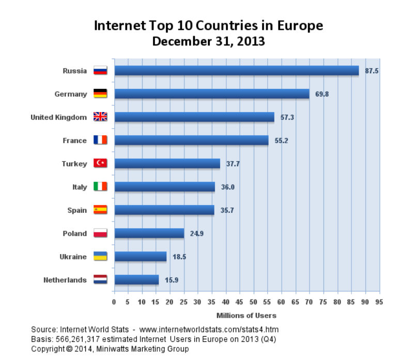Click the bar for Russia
point(236,71)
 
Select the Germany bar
point(212,94)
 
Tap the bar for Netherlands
point(136,280)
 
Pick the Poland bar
point(149,233)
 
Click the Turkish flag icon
point(100,164)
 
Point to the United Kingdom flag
point(100,117)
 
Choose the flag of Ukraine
point(100,257)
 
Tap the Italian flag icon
point(100,187)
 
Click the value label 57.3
point(287,118)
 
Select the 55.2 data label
point(281,140)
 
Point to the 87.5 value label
point(372,71)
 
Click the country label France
point(75,140)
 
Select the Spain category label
point(77,210)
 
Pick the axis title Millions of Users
point(246,315)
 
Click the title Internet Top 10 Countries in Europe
point(208,25)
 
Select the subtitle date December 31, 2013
point(208,41)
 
